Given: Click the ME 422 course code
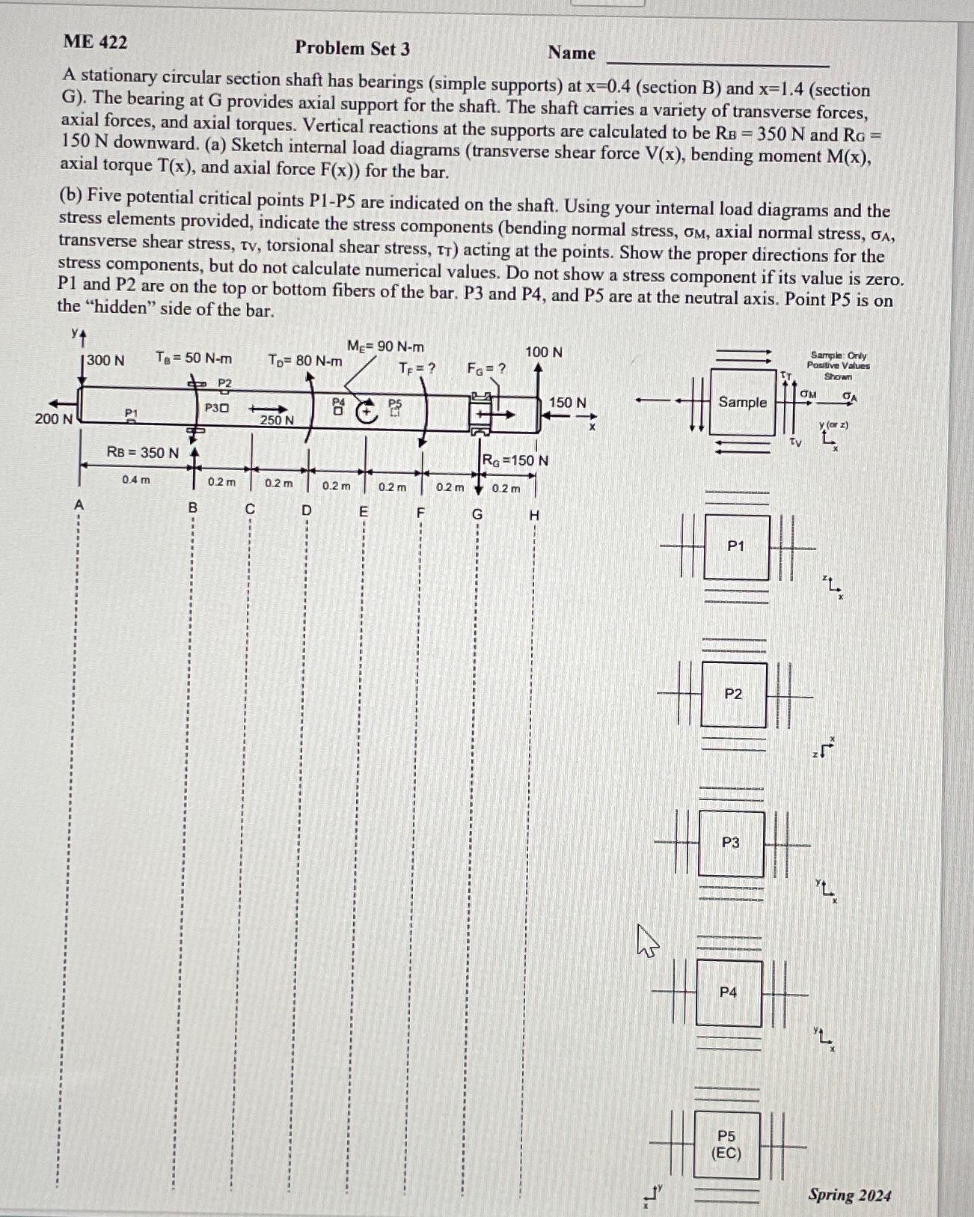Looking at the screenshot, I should [95, 42].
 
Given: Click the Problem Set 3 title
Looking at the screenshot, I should [352, 49].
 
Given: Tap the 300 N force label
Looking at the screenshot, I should [105, 361].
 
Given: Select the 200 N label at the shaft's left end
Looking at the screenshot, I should [53, 419].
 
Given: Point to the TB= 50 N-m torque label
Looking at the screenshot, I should [194, 358].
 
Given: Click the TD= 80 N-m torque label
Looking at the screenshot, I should [304, 361].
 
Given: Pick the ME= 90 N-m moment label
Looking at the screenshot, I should [385, 347].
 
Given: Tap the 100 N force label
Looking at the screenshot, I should [544, 352].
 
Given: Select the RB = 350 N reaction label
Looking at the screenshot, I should [142, 453].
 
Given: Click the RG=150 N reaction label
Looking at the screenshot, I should [515, 460].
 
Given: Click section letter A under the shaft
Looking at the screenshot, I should [79, 506].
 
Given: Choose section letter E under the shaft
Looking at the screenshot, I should [364, 512].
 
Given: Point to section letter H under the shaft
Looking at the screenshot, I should [534, 516].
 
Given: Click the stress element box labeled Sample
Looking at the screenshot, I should [742, 403].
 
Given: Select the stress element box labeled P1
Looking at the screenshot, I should [736, 547].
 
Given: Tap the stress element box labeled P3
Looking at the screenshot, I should [731, 844].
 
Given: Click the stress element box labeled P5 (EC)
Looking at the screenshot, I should [726, 1145].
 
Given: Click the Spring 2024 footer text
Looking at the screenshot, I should [849, 1195].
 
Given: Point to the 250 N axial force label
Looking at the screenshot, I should [276, 421].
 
